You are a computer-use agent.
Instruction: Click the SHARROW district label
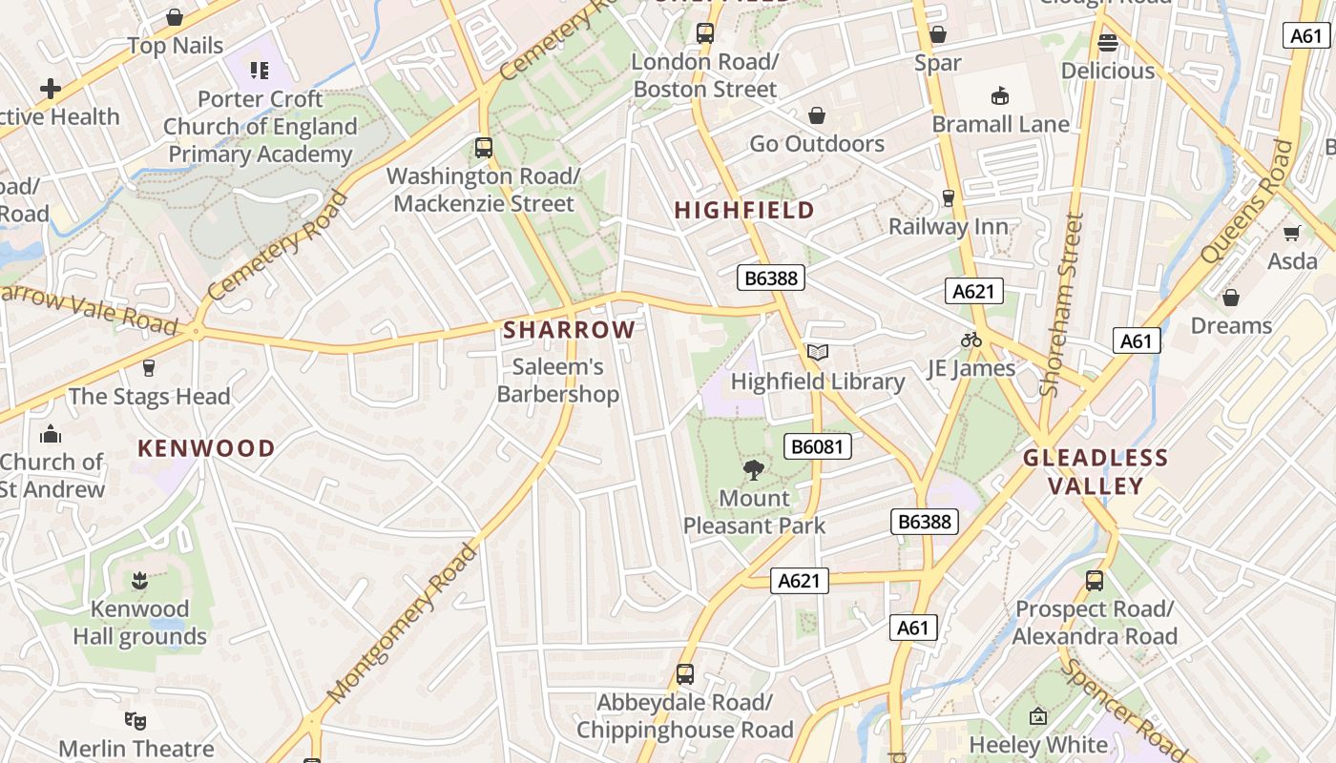pyautogui.click(x=569, y=330)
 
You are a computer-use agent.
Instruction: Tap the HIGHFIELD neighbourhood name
pyautogui.click(x=745, y=211)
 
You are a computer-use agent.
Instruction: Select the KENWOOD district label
pyautogui.click(x=206, y=448)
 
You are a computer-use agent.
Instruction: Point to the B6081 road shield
pyautogui.click(x=818, y=446)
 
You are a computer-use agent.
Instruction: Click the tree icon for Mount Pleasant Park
pyautogui.click(x=754, y=469)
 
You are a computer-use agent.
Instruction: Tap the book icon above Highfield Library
pyautogui.click(x=817, y=353)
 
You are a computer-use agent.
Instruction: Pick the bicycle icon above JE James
pyautogui.click(x=971, y=340)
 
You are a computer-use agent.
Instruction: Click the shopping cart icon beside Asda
pyautogui.click(x=1292, y=233)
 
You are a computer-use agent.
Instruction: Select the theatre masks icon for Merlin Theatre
pyautogui.click(x=136, y=720)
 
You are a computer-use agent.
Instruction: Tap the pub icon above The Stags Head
pyautogui.click(x=149, y=368)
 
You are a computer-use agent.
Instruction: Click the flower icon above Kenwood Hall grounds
pyautogui.click(x=139, y=580)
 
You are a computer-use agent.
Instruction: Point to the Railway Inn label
pyautogui.click(x=948, y=227)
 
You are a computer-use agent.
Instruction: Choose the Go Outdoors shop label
pyautogui.click(x=817, y=144)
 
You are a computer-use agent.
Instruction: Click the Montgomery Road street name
pyautogui.click(x=401, y=624)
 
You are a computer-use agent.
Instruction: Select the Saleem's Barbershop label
pyautogui.click(x=558, y=381)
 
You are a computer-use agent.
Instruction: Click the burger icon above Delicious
pyautogui.click(x=1107, y=42)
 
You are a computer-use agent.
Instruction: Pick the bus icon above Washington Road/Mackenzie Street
pyautogui.click(x=484, y=148)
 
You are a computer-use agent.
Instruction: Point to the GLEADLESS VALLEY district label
pyautogui.click(x=1096, y=472)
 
